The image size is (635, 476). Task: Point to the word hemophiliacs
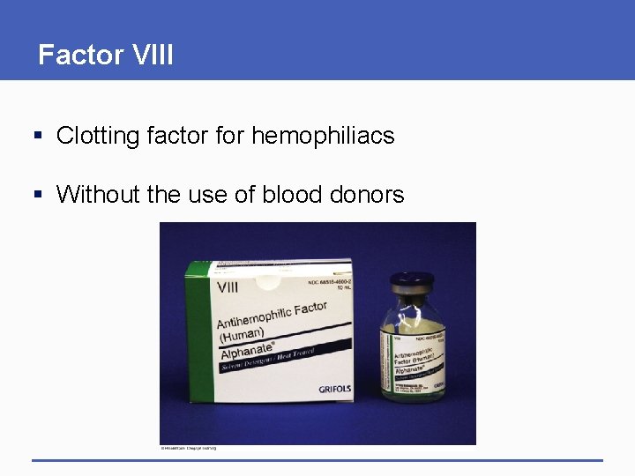point(323,136)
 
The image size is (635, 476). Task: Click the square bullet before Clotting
point(38,137)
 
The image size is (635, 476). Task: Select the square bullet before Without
point(38,195)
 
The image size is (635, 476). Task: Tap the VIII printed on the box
point(229,287)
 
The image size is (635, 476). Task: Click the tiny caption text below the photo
point(188,448)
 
